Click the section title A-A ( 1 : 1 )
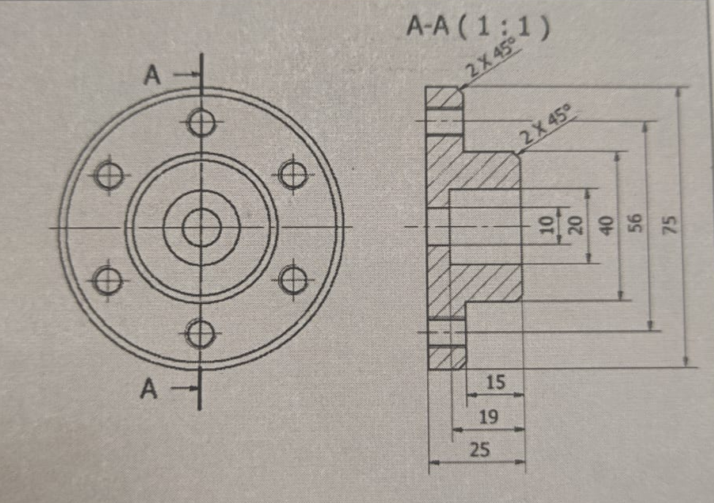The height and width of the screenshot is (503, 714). click(x=476, y=27)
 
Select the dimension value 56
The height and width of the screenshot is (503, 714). click(x=634, y=223)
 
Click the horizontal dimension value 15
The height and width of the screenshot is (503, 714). click(x=495, y=382)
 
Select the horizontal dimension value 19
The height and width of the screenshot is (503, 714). click(x=488, y=416)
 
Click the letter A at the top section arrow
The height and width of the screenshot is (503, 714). click(x=152, y=76)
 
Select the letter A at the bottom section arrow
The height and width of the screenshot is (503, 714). click(x=149, y=390)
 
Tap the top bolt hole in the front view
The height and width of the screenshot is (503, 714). click(x=202, y=122)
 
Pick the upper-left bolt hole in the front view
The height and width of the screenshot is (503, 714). click(x=109, y=175)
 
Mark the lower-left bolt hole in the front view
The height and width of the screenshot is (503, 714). click(x=108, y=281)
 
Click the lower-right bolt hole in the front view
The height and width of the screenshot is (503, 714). click(x=293, y=281)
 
